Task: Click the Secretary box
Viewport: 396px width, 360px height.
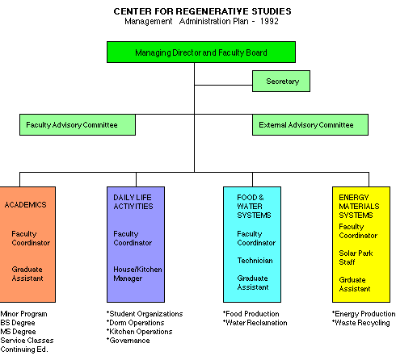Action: pyautogui.click(x=281, y=82)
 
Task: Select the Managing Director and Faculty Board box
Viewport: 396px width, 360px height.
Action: pyautogui.click(x=201, y=52)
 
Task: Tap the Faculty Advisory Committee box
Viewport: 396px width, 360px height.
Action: pyautogui.click(x=78, y=125)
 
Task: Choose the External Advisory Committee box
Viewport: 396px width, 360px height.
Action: pyautogui.click(x=310, y=125)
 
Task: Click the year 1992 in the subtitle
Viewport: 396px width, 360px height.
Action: pyautogui.click(x=269, y=21)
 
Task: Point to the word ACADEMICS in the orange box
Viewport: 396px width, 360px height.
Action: pyautogui.click(x=25, y=205)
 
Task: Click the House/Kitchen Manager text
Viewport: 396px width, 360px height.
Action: pyautogui.click(x=137, y=274)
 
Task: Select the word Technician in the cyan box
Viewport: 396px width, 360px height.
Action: pyautogui.click(x=255, y=261)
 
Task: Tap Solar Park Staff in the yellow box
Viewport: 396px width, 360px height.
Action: pyautogui.click(x=356, y=257)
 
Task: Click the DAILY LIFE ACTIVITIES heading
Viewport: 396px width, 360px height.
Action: pyautogui.click(x=133, y=202)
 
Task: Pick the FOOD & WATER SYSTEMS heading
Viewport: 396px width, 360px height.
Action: pyautogui.click(x=254, y=207)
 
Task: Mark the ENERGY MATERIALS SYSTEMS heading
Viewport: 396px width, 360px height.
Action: pyautogui.click(x=359, y=207)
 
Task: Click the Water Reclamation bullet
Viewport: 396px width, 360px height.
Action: pyautogui.click(x=255, y=323)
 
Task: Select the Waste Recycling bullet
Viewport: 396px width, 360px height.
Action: pyautogui.click(x=360, y=323)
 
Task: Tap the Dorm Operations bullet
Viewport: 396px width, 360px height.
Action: pyautogui.click(x=135, y=323)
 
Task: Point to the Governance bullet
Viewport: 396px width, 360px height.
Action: pyautogui.click(x=128, y=341)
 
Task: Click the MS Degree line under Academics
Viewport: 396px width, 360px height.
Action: pyautogui.click(x=18, y=332)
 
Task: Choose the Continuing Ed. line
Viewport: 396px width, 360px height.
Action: pyautogui.click(x=24, y=350)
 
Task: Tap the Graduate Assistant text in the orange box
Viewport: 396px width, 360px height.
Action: pyautogui.click(x=27, y=274)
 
